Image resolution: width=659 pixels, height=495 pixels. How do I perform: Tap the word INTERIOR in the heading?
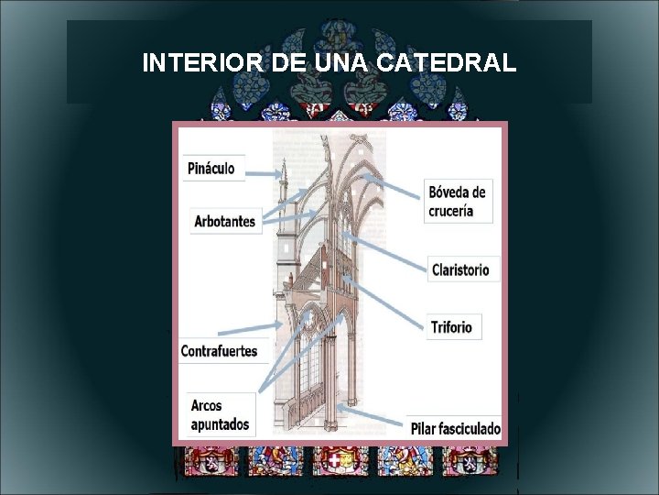(204, 63)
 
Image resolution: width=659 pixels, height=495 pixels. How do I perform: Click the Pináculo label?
(211, 169)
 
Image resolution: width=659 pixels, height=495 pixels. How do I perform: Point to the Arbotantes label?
(224, 222)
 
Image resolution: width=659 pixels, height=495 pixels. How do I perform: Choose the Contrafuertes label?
(219, 351)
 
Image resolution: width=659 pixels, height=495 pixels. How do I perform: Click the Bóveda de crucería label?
(458, 201)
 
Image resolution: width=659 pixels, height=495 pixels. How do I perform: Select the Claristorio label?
(460, 269)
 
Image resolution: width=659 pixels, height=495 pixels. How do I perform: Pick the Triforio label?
(452, 327)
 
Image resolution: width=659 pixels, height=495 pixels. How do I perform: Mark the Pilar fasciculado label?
(456, 428)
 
